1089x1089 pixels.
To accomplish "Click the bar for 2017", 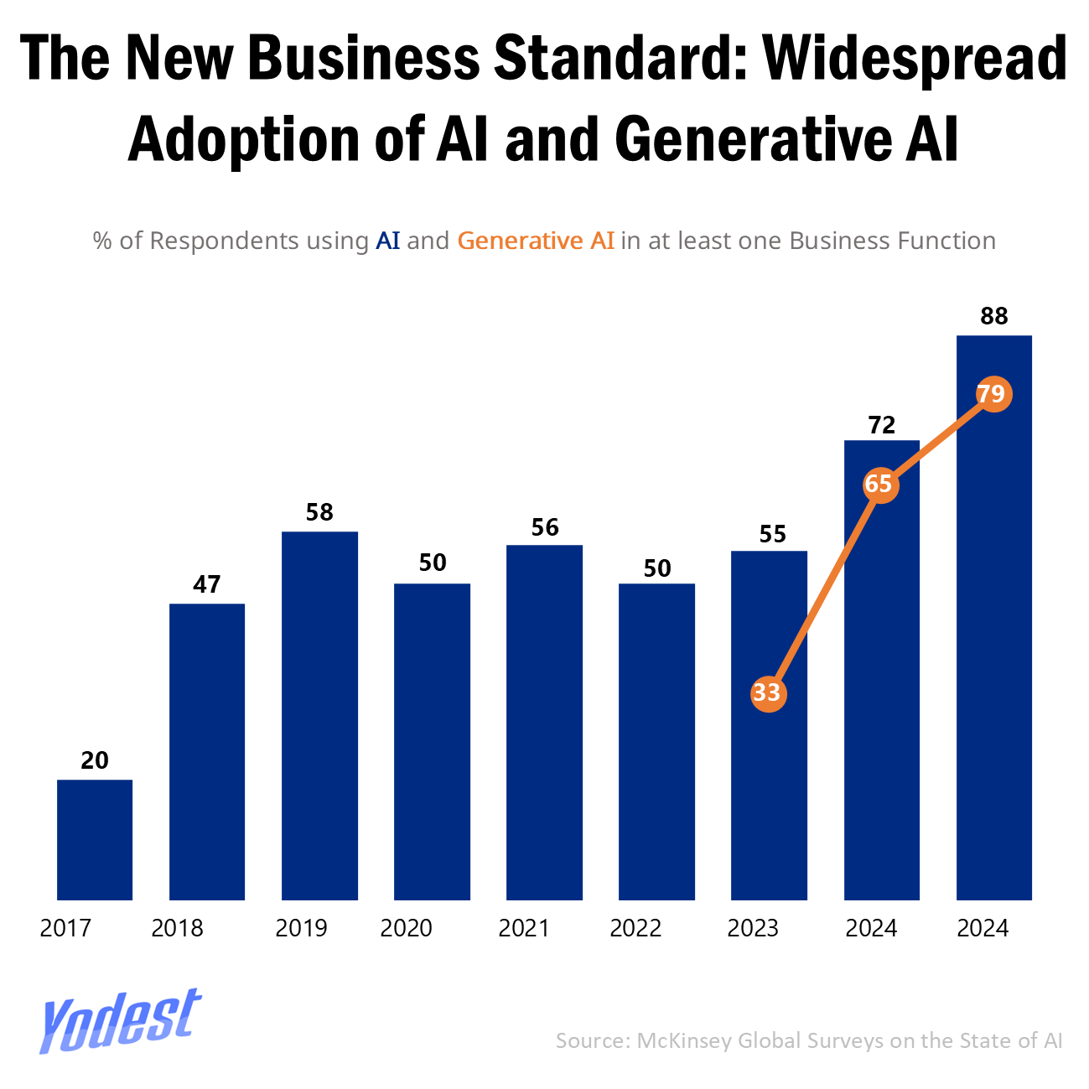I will (x=95, y=839).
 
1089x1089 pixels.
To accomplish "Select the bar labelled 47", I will (x=207, y=751).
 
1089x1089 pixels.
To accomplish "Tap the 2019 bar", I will (x=319, y=715).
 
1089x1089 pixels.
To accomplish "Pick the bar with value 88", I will (x=994, y=617).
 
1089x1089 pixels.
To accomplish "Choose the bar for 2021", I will (x=544, y=722).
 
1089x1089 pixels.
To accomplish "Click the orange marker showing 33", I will (x=767, y=693).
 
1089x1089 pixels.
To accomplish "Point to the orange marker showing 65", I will (x=879, y=485).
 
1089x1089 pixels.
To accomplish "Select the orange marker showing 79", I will (x=993, y=394).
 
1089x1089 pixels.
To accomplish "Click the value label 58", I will (x=319, y=512).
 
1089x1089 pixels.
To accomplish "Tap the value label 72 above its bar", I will (x=882, y=425).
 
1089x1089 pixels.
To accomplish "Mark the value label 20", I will (x=95, y=760).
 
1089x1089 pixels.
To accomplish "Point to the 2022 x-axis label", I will (x=635, y=928).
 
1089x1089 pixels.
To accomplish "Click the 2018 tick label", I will (x=177, y=928).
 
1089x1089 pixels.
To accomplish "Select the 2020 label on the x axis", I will (x=406, y=928).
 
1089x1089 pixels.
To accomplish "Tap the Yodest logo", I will (x=120, y=1019).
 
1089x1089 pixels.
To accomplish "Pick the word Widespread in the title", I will (x=915, y=59).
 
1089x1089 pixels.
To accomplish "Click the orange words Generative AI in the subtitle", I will (x=536, y=241).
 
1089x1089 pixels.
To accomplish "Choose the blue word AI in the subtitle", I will (x=388, y=241).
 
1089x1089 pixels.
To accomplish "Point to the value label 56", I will (x=545, y=527).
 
